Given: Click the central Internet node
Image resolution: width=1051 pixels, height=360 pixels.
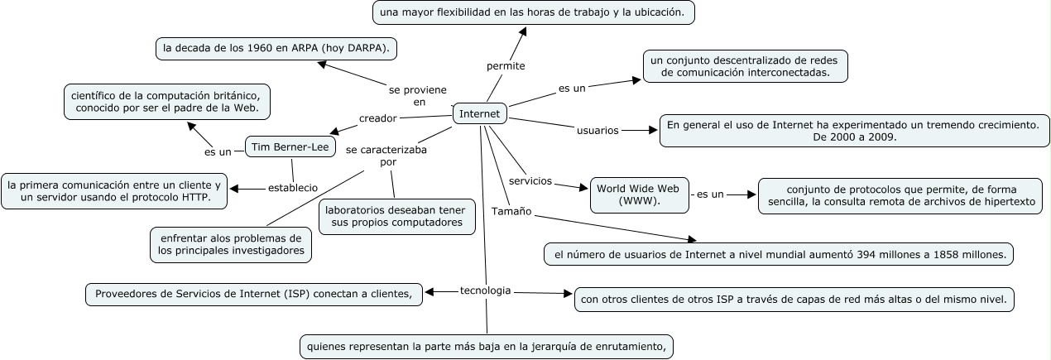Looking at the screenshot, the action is (x=479, y=113).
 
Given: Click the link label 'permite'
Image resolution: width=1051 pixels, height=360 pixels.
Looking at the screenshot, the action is (x=506, y=65).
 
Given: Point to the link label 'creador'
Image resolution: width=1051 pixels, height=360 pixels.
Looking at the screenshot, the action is (x=378, y=118).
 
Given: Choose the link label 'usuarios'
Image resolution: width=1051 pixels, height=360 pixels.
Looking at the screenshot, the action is (x=597, y=130).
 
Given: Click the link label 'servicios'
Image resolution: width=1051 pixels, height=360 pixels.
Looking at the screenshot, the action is (x=530, y=180).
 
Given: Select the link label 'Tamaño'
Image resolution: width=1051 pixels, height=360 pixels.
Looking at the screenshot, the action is (x=511, y=211).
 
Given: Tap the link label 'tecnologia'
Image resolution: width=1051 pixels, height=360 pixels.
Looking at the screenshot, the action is (x=485, y=290).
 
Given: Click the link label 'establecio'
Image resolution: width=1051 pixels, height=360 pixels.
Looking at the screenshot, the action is (x=292, y=188).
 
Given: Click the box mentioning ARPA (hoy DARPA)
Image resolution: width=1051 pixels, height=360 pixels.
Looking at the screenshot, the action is (x=276, y=49).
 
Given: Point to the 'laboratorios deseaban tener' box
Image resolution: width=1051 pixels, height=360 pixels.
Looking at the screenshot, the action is (x=397, y=216).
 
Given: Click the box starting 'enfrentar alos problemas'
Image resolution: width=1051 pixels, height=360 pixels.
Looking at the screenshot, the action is (x=231, y=244).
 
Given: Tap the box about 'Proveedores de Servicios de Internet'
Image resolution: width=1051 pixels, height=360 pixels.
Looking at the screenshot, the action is (x=254, y=294).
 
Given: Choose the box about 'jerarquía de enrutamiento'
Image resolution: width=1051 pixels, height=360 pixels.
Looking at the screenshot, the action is (x=486, y=346).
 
